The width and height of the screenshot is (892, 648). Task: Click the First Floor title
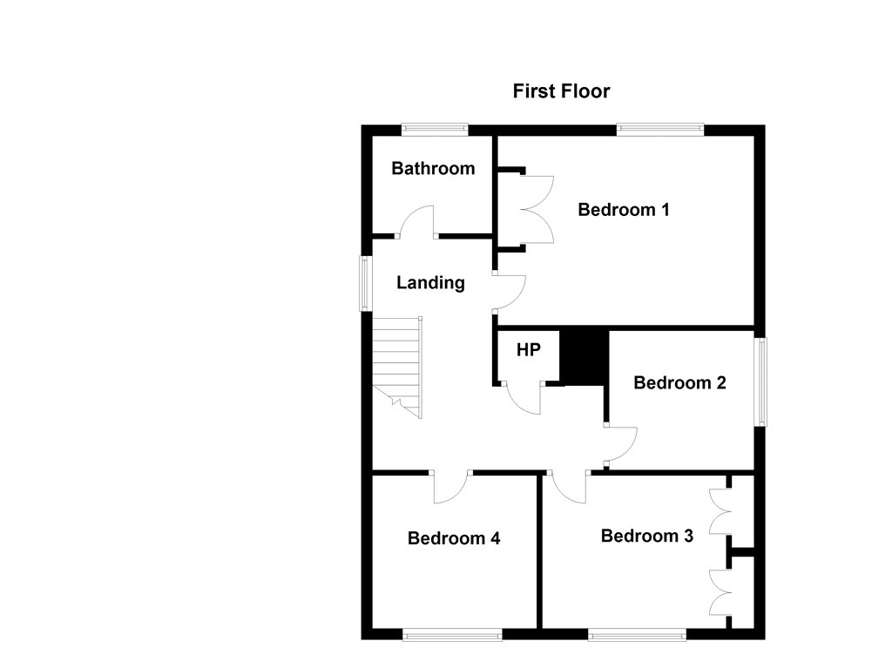point(561,91)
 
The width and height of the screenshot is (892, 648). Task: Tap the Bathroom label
point(433,168)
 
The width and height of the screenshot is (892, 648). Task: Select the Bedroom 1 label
point(624,209)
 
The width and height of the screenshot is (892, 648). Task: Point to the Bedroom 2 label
point(679,382)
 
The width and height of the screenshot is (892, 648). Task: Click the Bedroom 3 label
point(647,536)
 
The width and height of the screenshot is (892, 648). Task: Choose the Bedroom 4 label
point(453,537)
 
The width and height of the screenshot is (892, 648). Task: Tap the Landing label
point(430,282)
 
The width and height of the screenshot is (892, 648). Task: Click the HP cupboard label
point(529,349)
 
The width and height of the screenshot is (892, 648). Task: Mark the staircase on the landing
point(397,367)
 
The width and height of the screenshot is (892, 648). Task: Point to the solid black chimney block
point(585,357)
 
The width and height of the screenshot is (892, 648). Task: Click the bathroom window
point(435,130)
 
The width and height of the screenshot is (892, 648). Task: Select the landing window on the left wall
point(366,283)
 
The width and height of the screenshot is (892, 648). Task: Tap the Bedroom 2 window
point(760,381)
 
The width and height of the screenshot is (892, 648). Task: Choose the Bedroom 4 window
point(452,634)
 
